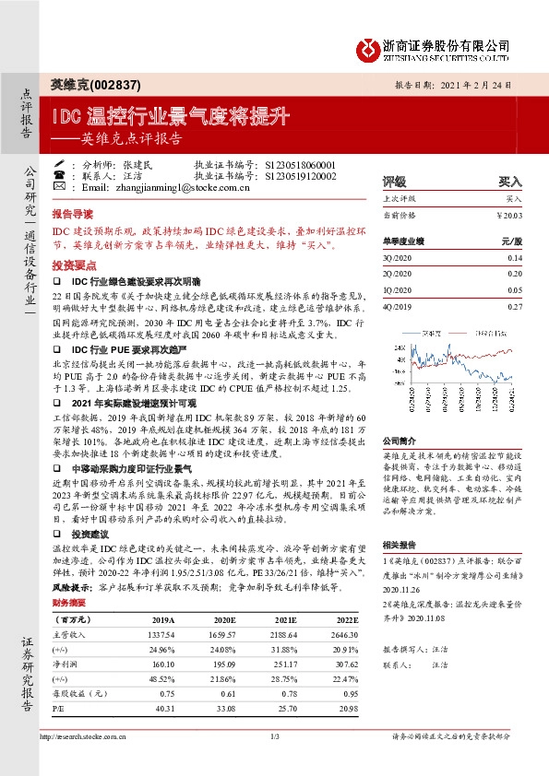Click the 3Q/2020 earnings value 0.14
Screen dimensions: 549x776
514,259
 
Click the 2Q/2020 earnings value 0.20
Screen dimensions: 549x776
514,274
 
